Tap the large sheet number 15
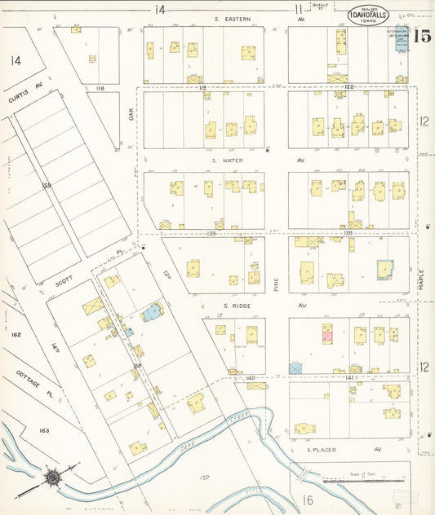click(x=421, y=36)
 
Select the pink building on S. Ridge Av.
click(x=326, y=332)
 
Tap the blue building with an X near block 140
click(x=295, y=368)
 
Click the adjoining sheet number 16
click(x=308, y=499)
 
